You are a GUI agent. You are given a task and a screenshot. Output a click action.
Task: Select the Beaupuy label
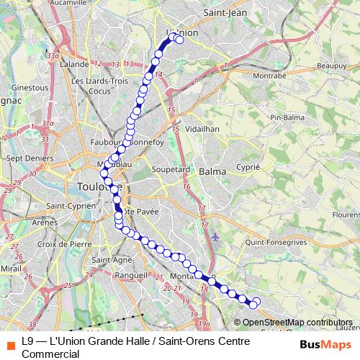pos(333,65)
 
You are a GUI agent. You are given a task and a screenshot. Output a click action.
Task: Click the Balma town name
pos(212,172)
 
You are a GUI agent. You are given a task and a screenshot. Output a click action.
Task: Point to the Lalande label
pos(75,64)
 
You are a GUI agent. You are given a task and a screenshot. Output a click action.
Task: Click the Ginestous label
pos(30,87)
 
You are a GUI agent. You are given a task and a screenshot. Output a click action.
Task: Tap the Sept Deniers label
pos(24,157)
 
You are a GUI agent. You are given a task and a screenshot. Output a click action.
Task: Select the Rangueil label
pos(131,275)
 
